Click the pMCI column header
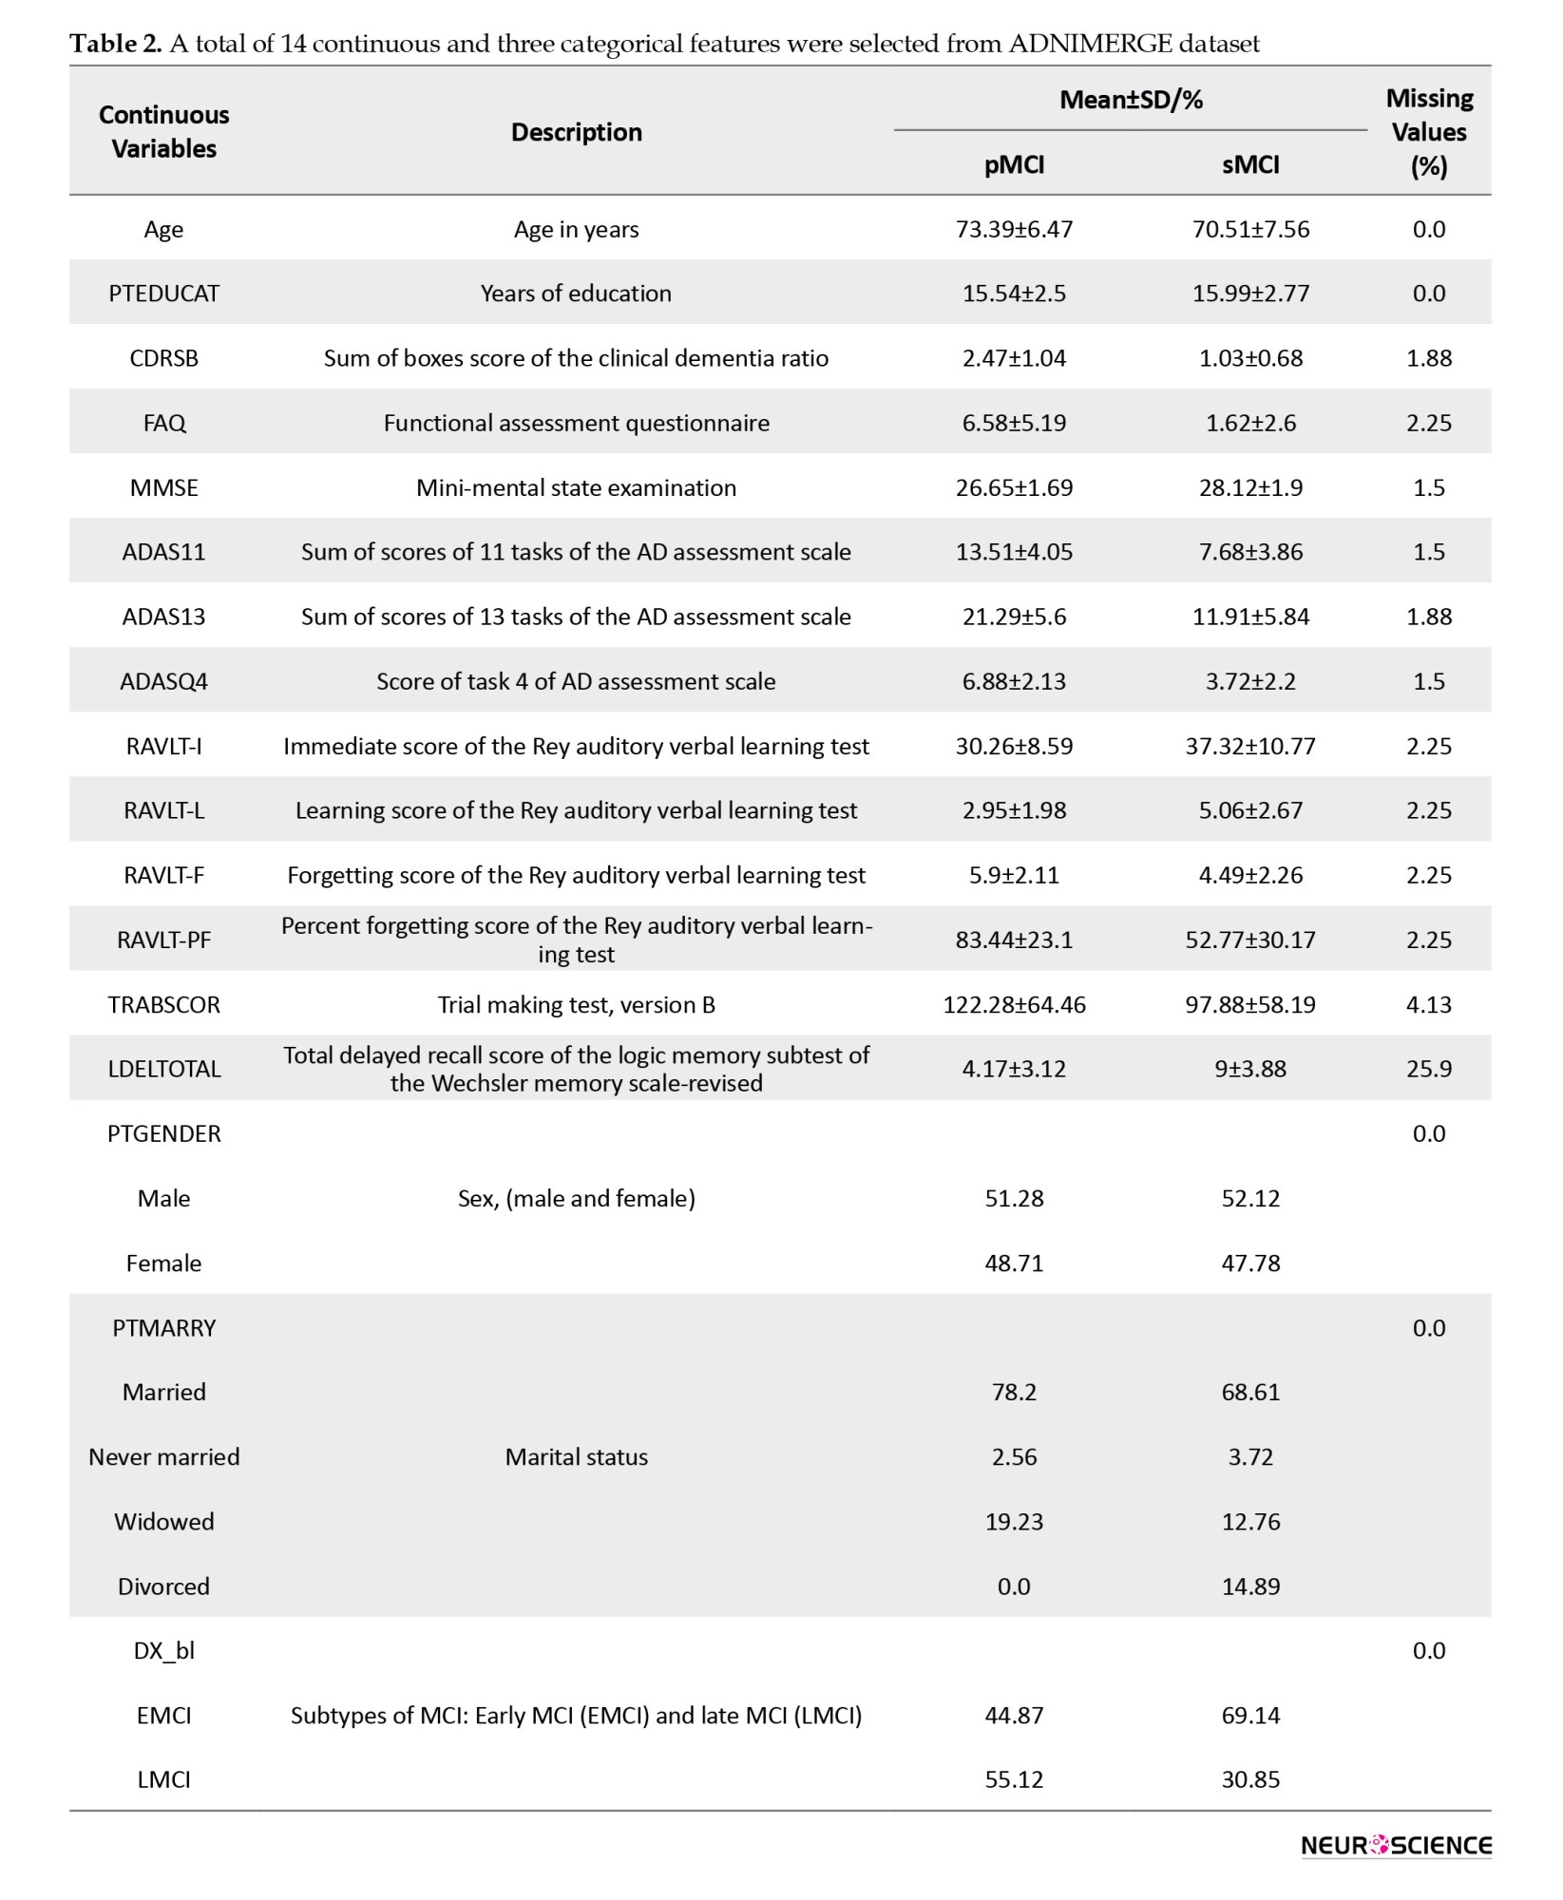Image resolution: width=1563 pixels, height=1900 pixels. click(1014, 165)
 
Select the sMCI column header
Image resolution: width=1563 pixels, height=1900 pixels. click(1250, 165)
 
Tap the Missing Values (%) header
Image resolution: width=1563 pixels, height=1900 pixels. click(1428, 132)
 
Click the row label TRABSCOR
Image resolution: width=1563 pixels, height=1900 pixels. click(163, 1005)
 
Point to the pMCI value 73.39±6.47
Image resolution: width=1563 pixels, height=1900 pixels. click(1014, 230)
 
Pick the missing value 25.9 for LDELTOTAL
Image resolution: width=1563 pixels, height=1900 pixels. click(1428, 1070)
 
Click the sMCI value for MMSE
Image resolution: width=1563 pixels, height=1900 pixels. click(1250, 488)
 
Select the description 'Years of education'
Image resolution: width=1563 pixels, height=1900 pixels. click(576, 294)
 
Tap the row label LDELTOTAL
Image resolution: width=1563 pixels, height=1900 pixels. click(163, 1070)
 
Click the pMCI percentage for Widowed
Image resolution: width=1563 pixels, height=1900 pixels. click(1014, 1522)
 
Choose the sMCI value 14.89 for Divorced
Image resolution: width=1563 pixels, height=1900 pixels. click(1250, 1586)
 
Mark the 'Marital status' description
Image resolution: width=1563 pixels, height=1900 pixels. click(576, 1457)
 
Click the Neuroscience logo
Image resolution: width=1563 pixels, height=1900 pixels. click(1395, 1846)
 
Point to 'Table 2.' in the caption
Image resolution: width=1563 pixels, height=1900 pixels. click(115, 44)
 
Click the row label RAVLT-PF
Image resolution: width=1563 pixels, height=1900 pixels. click(163, 940)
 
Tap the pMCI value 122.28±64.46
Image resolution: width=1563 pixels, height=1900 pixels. click(1014, 1005)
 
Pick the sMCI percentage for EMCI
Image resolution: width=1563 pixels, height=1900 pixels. click(1250, 1716)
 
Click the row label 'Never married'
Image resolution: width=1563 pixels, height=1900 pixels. click(163, 1457)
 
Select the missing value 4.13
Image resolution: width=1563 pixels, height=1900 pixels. click(1428, 1005)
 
